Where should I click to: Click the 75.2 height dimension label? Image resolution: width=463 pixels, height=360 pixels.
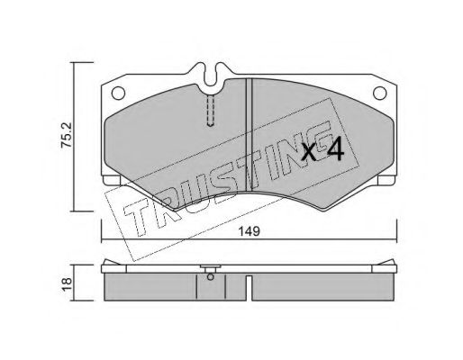click(67, 134)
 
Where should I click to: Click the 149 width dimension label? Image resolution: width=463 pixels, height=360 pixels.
click(250, 231)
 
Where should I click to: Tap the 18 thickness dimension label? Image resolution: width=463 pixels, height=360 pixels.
click(67, 283)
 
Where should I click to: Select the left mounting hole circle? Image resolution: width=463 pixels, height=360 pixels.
click(118, 93)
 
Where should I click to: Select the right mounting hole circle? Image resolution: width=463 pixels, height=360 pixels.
click(379, 93)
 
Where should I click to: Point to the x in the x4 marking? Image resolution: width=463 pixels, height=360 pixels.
click(309, 153)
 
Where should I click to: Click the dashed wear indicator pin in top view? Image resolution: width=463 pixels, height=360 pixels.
click(211, 111)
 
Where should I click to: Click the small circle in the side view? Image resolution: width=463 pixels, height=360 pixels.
click(211, 277)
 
